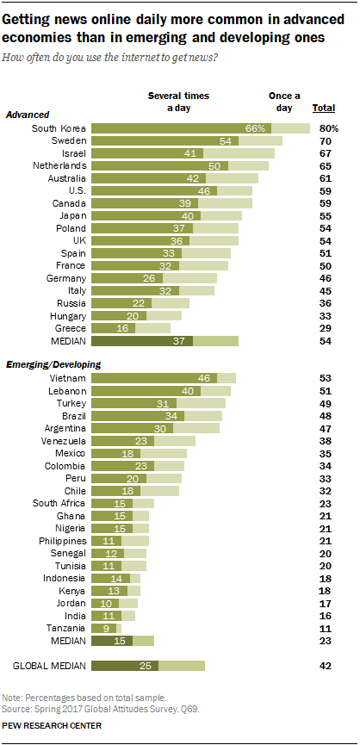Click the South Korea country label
coord(59,128)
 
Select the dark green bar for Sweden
coord(164,141)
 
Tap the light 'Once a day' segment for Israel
coord(239,153)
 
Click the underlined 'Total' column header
coord(324,109)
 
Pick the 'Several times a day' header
coord(178,102)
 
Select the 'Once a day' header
coord(284,102)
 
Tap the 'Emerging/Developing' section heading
coord(53,365)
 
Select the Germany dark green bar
coord(127,278)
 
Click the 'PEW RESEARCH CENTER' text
coord(52,726)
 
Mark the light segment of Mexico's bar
coord(164,453)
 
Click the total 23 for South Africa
coord(324,503)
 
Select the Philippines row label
coord(63,541)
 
